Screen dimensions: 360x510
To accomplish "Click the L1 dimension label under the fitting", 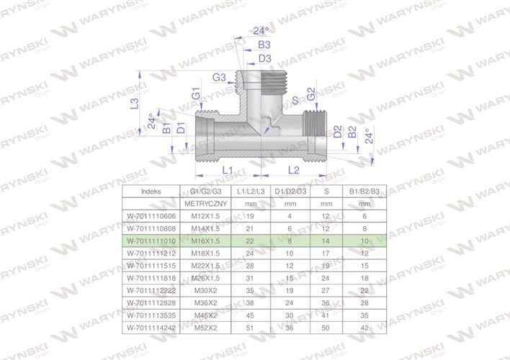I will [226, 169].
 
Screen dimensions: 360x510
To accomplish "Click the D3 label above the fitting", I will [244, 58].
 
